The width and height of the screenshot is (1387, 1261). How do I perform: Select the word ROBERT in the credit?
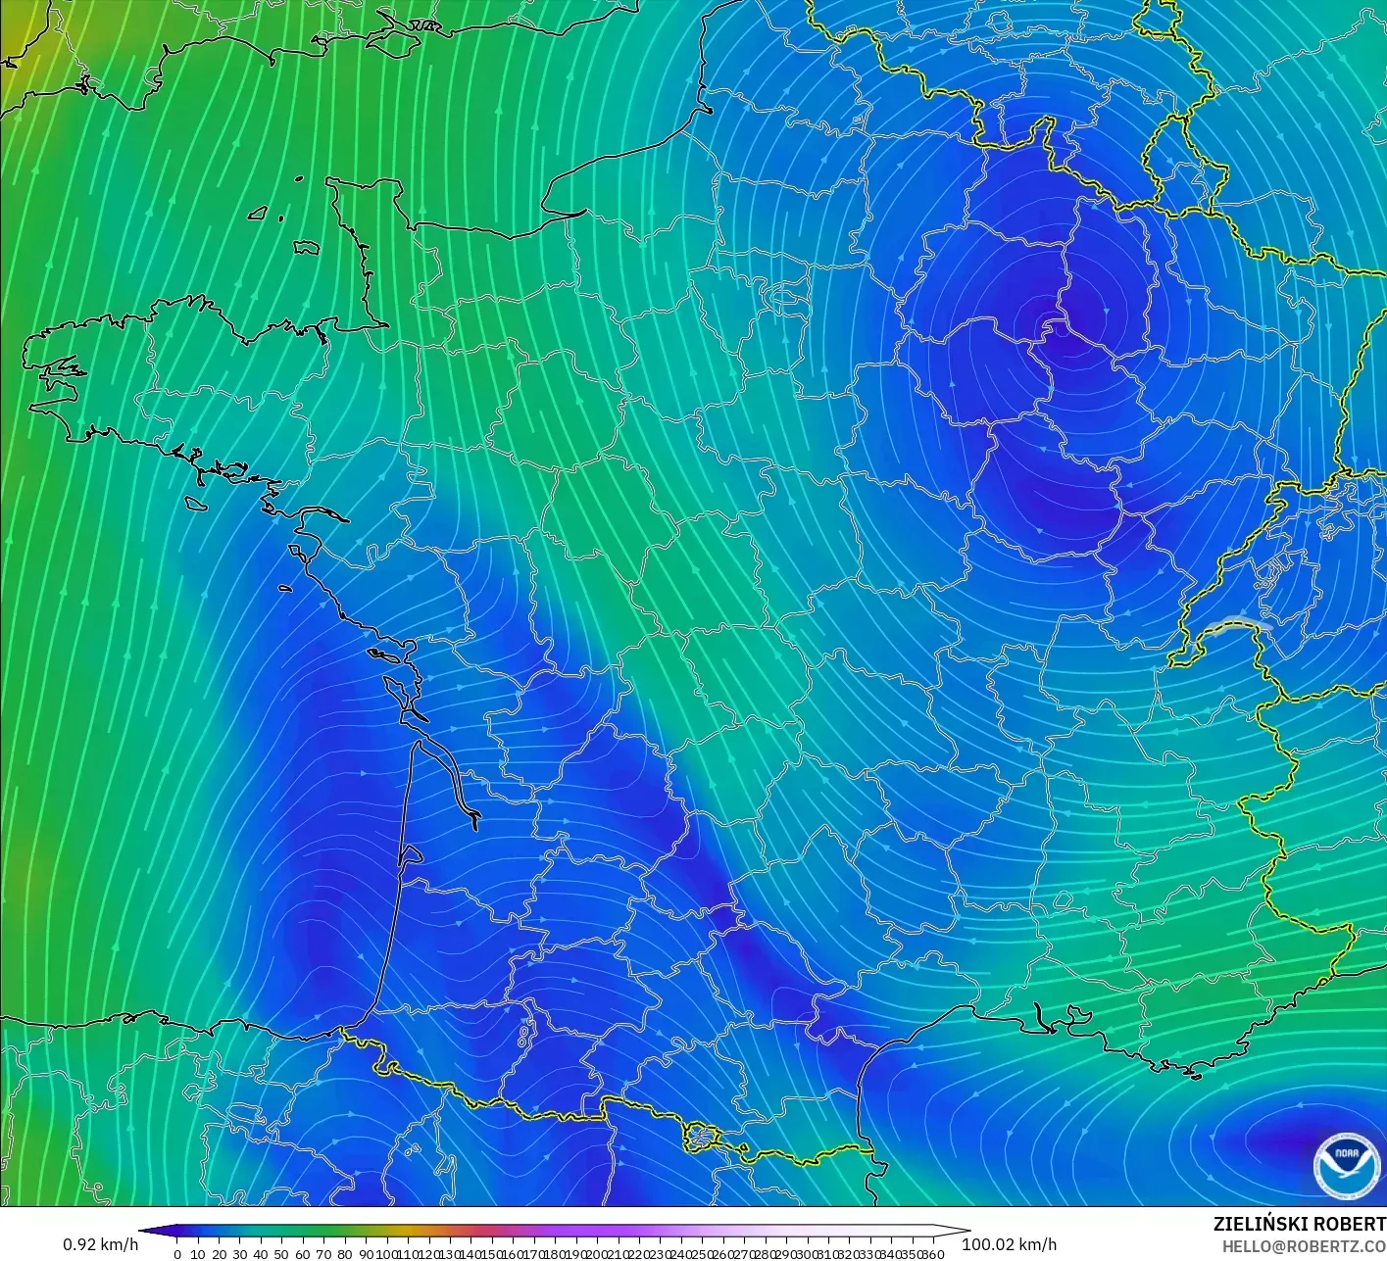[1350, 1224]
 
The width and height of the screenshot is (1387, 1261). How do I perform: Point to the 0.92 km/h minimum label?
[100, 1244]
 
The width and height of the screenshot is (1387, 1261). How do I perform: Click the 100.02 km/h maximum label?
[1009, 1244]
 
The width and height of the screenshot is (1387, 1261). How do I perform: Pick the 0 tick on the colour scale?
[176, 1253]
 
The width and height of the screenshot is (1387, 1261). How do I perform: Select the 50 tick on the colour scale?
[281, 1253]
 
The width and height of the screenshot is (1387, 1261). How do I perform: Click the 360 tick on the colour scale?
[933, 1253]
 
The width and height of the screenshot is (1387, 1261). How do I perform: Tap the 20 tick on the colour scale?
[219, 1253]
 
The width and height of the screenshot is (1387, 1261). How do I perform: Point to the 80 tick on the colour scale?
[344, 1253]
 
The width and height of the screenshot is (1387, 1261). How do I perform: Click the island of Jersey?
[307, 249]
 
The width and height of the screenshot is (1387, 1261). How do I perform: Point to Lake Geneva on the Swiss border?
[1237, 625]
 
